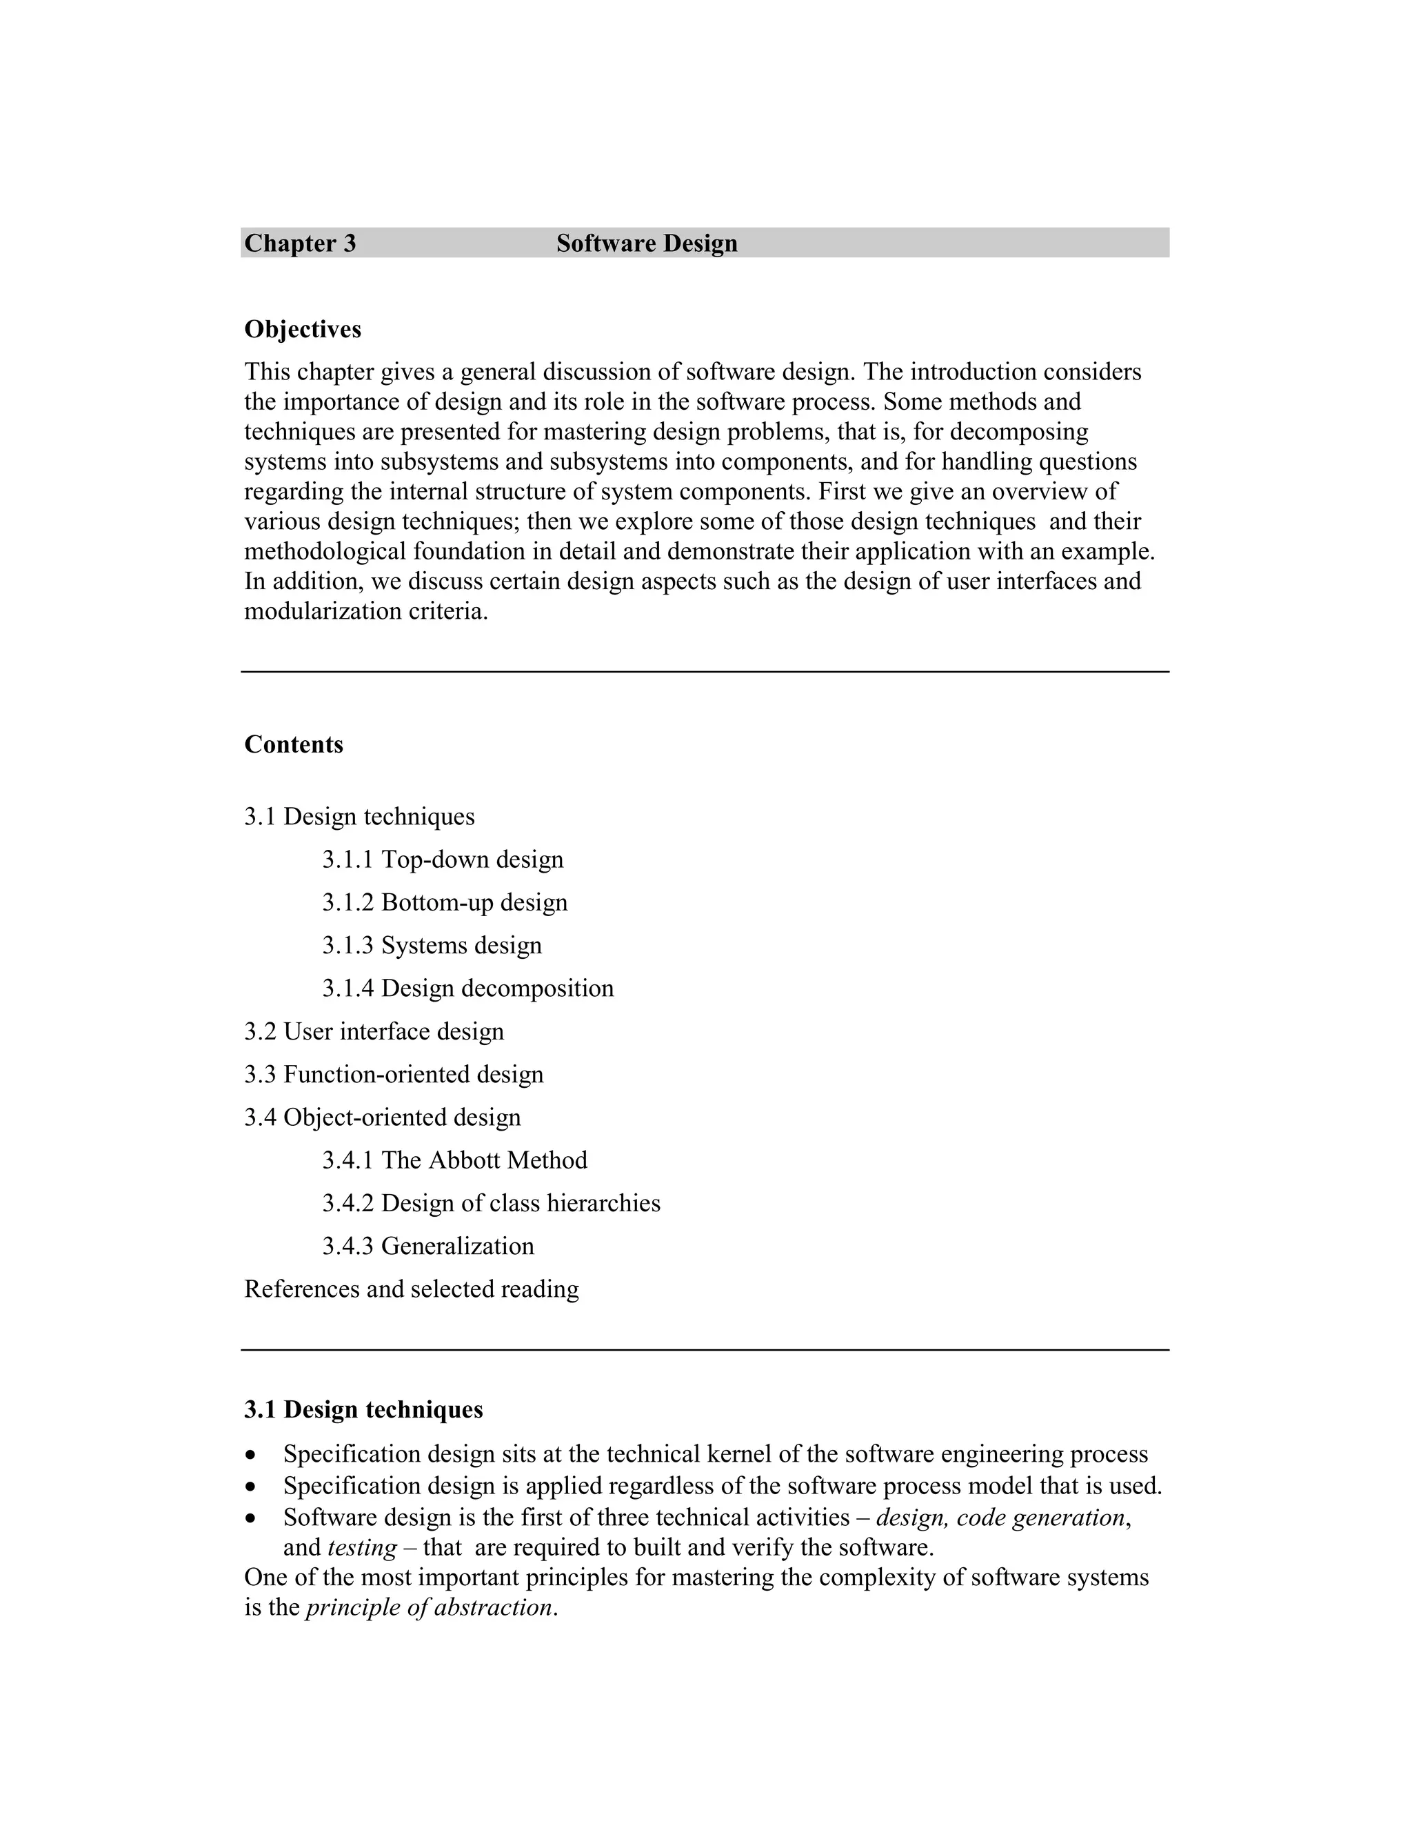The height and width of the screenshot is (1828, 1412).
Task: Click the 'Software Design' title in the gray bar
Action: (x=647, y=243)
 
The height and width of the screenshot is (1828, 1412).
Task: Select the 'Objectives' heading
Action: (x=303, y=330)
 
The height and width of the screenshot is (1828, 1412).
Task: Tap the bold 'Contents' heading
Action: (x=294, y=744)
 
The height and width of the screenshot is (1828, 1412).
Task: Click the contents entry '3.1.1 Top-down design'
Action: (x=443, y=860)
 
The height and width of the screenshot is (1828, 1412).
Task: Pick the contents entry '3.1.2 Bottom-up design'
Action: (x=445, y=902)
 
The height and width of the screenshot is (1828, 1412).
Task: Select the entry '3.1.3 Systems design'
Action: (x=432, y=945)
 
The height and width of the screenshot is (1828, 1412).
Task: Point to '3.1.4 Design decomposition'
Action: (x=467, y=988)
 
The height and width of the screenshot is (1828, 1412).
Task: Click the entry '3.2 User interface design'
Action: (x=374, y=1031)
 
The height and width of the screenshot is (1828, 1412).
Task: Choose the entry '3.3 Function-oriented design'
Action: (x=394, y=1074)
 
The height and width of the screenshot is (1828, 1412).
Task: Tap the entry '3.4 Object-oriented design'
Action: (x=382, y=1117)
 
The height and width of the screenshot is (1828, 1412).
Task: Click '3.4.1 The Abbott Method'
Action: (x=455, y=1160)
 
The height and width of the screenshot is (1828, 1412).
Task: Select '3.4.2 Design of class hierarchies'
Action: (x=491, y=1203)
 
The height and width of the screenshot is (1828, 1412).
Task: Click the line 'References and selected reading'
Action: (x=412, y=1289)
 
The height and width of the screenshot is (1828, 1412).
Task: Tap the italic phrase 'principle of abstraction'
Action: (x=429, y=1608)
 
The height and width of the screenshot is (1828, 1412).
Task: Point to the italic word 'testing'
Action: (x=362, y=1548)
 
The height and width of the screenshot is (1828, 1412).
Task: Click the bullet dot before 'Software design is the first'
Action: (x=250, y=1518)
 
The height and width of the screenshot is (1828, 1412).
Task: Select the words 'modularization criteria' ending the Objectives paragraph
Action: (x=365, y=611)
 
